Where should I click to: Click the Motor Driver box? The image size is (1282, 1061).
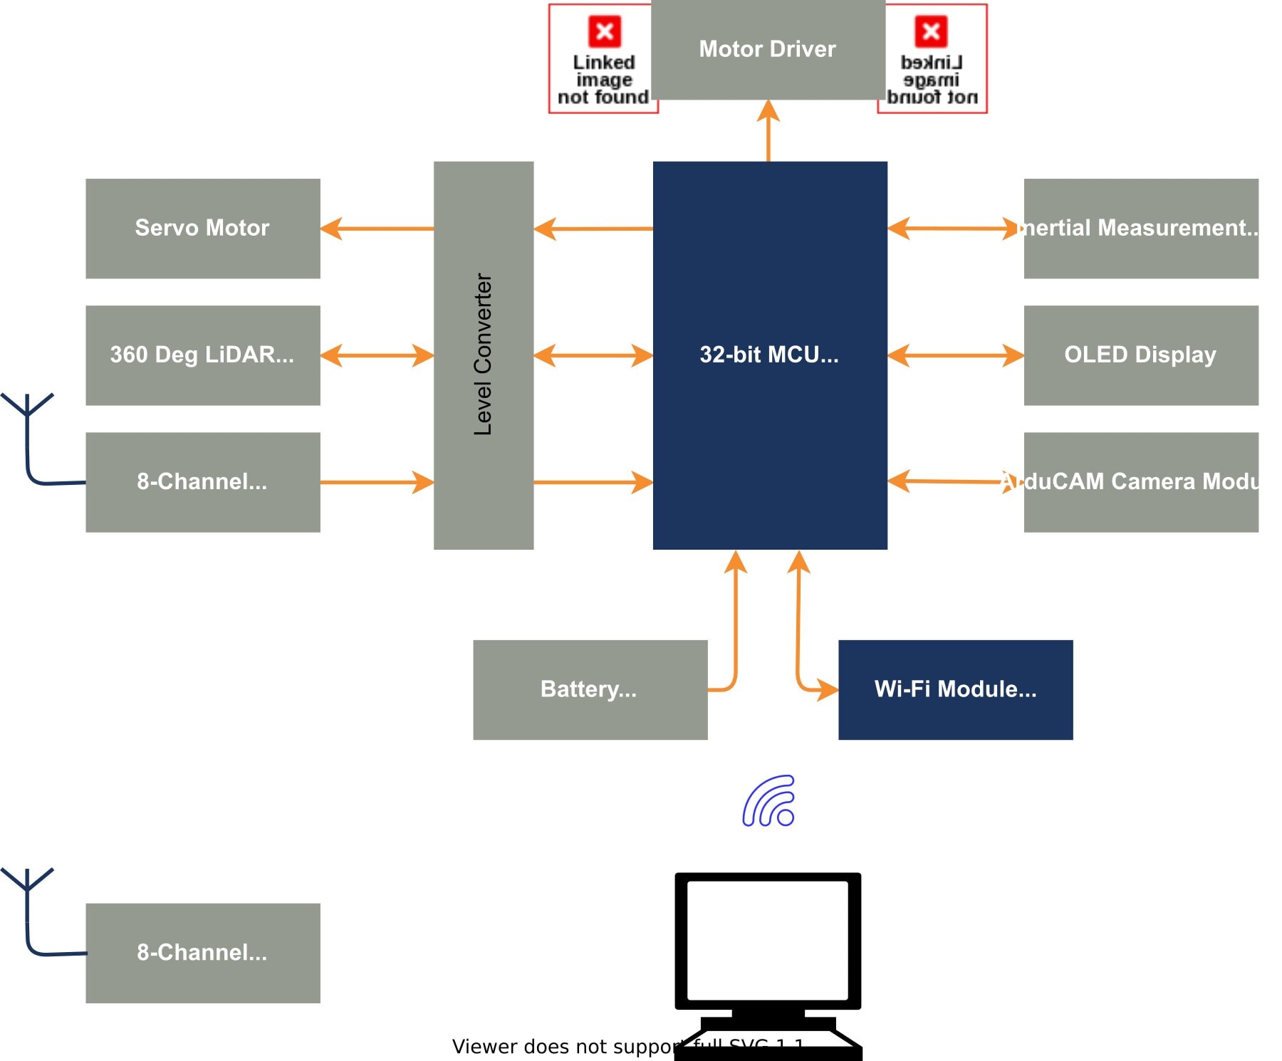point(768,49)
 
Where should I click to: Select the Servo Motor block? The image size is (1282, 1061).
point(203,228)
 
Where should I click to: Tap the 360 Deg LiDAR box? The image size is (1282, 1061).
point(203,355)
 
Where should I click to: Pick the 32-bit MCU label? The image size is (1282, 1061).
point(769,355)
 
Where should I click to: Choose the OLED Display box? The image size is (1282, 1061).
point(1141,355)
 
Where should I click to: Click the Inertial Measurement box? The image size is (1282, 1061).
point(1141,228)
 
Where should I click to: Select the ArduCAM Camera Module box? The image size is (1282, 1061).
point(1141,481)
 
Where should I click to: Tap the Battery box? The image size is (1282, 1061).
point(590,689)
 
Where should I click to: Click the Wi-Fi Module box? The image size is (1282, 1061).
point(955,689)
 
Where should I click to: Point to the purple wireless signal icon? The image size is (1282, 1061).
point(769,801)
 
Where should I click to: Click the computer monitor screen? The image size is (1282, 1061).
point(768,940)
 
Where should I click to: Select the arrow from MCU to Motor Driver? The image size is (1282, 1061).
point(768,132)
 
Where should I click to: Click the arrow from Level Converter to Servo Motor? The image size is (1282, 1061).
point(377,229)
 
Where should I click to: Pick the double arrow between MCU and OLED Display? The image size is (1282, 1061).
point(956,355)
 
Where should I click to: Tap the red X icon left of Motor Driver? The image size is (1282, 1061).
point(605,31)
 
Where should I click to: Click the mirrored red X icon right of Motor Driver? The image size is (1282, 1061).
point(931,31)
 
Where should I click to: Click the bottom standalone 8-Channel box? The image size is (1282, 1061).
point(203,953)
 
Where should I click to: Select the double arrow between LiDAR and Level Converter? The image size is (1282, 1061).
point(377,355)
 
